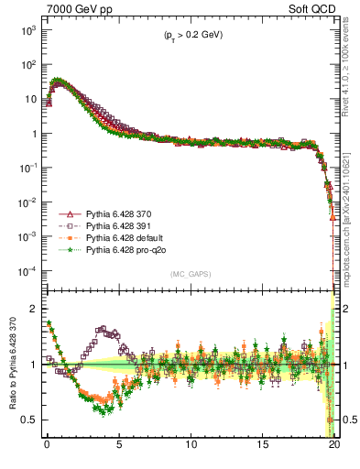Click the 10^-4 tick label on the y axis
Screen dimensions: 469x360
click(x=26, y=271)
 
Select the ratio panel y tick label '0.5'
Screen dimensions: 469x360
click(x=29, y=420)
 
